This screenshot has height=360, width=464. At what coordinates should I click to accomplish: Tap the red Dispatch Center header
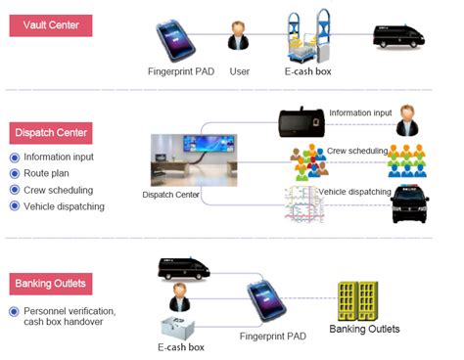(51, 131)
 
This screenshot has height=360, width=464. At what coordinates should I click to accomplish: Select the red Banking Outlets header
(51, 285)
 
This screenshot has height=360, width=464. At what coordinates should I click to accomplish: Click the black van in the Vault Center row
(399, 36)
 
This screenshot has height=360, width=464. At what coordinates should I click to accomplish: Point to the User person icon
(237, 35)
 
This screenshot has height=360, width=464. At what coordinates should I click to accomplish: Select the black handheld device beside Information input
(302, 123)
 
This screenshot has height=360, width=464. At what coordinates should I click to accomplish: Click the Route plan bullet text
(45, 173)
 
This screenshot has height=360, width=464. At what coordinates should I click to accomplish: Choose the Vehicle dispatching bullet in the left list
(63, 206)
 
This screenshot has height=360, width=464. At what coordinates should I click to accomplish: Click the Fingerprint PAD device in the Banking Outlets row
(263, 304)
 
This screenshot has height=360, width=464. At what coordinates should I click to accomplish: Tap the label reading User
(239, 71)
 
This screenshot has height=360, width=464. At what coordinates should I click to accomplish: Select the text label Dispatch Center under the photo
(171, 195)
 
